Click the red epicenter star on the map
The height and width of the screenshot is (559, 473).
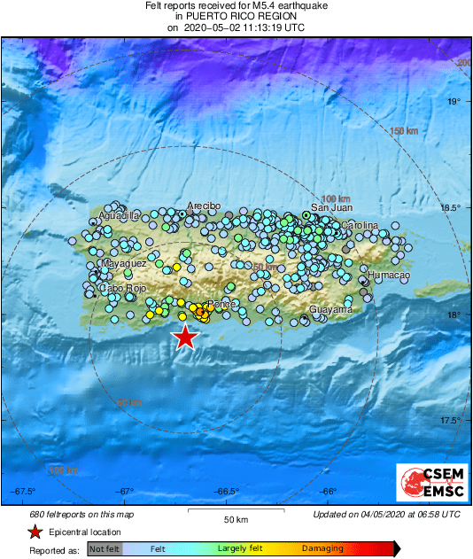184,337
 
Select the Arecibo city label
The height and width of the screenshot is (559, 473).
203,206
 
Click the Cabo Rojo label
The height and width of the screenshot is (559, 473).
122,288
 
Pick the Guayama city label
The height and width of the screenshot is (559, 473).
330,310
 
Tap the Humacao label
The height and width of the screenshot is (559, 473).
384,276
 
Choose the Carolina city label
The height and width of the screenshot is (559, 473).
359,226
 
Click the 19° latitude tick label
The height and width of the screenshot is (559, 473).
454,102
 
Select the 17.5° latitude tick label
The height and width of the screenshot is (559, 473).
452,421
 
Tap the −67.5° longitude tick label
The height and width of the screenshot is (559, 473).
24,492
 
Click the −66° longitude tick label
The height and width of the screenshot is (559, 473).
329,492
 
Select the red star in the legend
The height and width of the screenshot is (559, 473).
35,532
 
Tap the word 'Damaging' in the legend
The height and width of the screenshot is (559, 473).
322,548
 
